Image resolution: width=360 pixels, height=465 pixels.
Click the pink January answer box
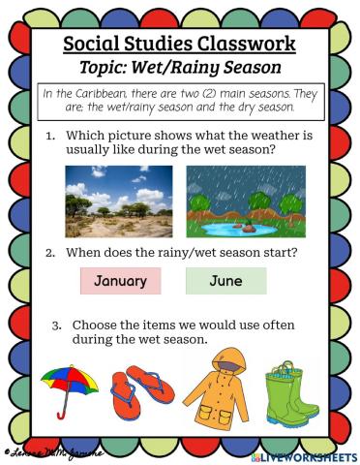click(121, 281)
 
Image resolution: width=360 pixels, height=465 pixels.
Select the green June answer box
click(225, 281)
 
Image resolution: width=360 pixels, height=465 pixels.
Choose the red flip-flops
click(142, 391)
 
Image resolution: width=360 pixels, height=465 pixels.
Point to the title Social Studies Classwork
click(179, 46)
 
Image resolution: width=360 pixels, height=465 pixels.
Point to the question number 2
click(51, 252)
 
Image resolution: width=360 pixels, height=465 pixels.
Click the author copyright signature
click(54, 451)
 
